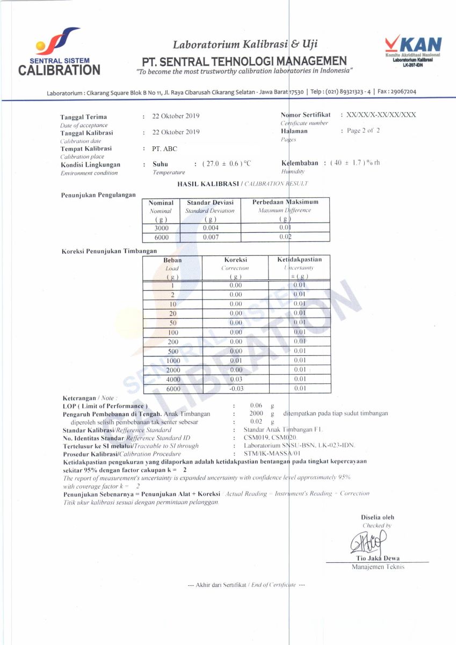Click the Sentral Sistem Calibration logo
(59, 54)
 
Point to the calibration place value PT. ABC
(164, 148)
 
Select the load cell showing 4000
(173, 379)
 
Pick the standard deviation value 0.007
(210, 237)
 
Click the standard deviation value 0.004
(210, 228)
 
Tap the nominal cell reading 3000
(161, 228)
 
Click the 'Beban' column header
(172, 260)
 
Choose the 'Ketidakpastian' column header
(299, 260)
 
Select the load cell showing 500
(173, 351)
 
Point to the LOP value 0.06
(256, 405)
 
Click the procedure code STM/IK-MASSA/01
(270, 454)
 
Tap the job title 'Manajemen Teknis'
(378, 567)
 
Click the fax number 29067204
(400, 92)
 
